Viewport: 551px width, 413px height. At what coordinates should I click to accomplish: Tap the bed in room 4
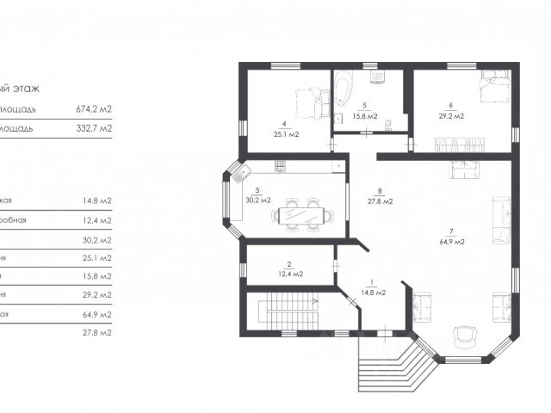pos(309,103)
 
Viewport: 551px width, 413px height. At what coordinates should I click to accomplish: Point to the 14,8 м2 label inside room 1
pos(372,293)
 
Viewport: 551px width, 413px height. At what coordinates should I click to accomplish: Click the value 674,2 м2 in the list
pos(94,109)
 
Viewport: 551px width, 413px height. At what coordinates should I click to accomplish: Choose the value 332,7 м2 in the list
pos(94,129)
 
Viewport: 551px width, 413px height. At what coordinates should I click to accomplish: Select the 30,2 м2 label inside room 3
pos(257,200)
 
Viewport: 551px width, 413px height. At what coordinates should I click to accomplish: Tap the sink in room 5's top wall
pos(377,77)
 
